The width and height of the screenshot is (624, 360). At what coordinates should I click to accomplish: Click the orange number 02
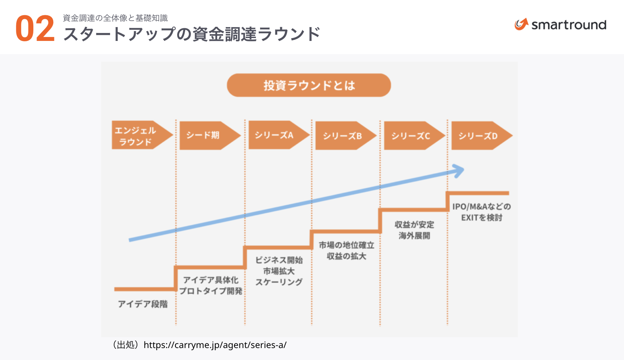[35, 29]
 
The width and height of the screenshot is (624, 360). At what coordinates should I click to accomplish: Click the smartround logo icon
[521, 24]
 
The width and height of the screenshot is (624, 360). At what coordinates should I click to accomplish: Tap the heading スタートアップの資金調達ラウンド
[192, 34]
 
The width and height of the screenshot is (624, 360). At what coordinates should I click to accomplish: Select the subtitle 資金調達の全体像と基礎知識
[115, 18]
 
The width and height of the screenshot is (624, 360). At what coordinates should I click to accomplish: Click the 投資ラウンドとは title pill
[309, 85]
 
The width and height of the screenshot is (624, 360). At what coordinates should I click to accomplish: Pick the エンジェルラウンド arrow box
[140, 135]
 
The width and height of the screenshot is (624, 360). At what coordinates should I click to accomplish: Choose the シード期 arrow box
[207, 135]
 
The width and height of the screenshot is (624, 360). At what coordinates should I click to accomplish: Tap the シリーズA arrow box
[276, 135]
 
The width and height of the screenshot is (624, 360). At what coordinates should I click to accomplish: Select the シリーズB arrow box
[344, 136]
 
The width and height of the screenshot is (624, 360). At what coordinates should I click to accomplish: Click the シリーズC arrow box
[412, 136]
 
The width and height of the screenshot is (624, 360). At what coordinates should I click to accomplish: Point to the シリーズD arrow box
[479, 136]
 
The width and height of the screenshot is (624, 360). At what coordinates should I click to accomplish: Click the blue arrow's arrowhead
[459, 171]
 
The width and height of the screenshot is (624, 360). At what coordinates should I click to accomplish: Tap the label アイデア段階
[143, 304]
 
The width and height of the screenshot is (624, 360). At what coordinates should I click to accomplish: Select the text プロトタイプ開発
[211, 291]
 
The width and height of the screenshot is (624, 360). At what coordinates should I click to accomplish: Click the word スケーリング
[279, 282]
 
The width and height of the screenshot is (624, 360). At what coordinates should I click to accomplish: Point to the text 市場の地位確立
[346, 245]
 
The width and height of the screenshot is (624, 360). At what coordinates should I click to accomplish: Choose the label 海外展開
[414, 236]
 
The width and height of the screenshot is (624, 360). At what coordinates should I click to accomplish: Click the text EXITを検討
[482, 218]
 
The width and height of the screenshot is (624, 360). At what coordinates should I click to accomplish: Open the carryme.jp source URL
[215, 345]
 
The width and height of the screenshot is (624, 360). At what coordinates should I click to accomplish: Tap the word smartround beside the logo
[569, 25]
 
